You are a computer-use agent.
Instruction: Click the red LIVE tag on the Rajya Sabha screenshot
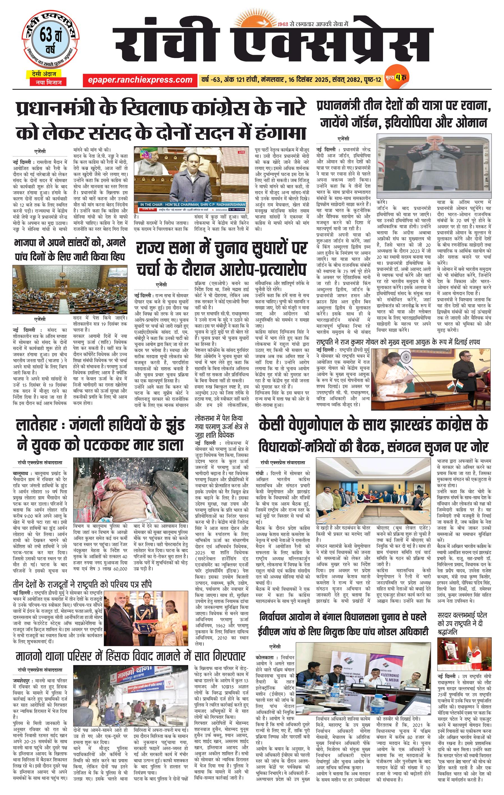[x=242, y=152]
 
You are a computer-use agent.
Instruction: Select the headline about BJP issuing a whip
[x=70, y=250]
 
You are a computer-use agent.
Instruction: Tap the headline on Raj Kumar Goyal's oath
[x=398, y=341]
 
